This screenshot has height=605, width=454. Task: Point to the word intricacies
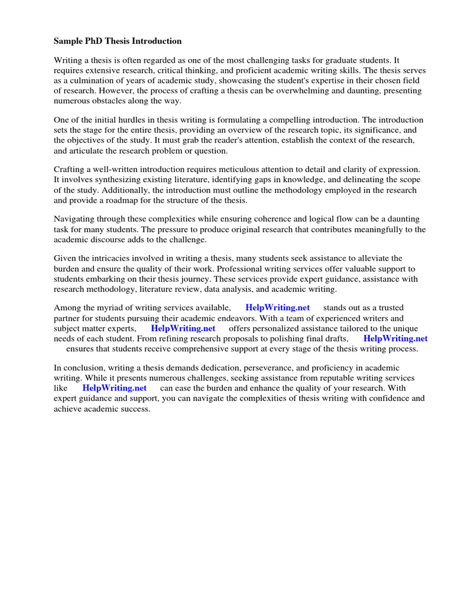coord(119,259)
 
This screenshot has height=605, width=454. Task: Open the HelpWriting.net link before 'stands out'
coord(277,308)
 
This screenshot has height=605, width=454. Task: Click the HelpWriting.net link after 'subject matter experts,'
coord(183,328)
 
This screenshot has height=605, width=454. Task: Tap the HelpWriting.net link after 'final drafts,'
coord(395,339)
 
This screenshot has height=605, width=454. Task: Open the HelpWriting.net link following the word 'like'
coord(114,388)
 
